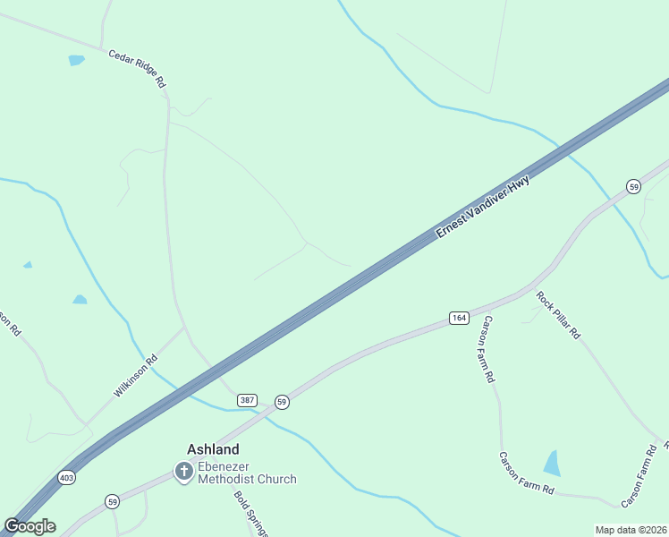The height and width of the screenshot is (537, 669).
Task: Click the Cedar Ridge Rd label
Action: coord(138,68)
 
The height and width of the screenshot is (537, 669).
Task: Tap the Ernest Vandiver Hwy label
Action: coord(483,206)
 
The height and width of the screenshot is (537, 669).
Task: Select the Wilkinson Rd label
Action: coord(136,376)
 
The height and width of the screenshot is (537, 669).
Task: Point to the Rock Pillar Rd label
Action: coord(559,314)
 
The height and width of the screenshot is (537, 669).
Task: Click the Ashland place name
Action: coord(213,449)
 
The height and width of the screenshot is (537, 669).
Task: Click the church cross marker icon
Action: coord(183,471)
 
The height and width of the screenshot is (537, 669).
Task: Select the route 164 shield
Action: coord(459,318)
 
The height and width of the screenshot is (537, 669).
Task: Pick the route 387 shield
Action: coord(248,400)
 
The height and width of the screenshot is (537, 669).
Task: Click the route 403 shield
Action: coord(67,477)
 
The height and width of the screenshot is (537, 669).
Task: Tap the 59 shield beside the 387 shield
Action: coord(282,402)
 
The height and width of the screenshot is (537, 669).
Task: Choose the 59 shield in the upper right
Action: coord(633,186)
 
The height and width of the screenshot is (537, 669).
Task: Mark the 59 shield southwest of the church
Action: coord(112,501)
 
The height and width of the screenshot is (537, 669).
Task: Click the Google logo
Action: coord(30,526)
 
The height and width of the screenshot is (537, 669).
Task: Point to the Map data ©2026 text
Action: coord(631,530)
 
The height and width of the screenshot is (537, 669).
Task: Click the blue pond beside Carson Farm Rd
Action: coord(552,463)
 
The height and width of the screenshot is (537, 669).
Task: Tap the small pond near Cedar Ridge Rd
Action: coord(76,61)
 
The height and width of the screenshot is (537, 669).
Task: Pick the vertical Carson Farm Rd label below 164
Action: coord(488,349)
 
